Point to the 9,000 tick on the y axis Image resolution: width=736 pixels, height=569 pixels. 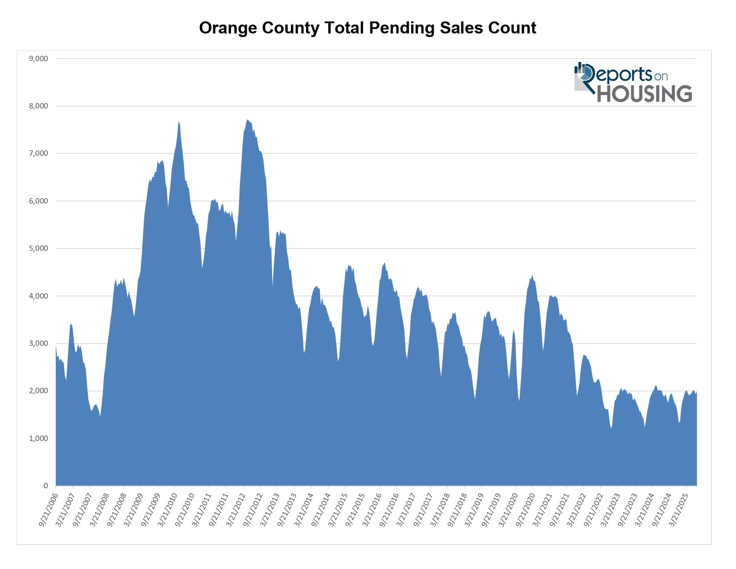click(38, 58)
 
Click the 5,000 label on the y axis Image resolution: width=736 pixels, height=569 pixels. click(38, 249)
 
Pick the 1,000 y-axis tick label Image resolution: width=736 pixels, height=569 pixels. click(38, 439)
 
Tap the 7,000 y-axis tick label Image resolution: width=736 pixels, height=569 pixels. click(38, 154)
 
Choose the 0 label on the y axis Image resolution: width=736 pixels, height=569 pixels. click(45, 486)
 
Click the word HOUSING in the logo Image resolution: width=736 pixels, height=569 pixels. click(645, 93)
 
